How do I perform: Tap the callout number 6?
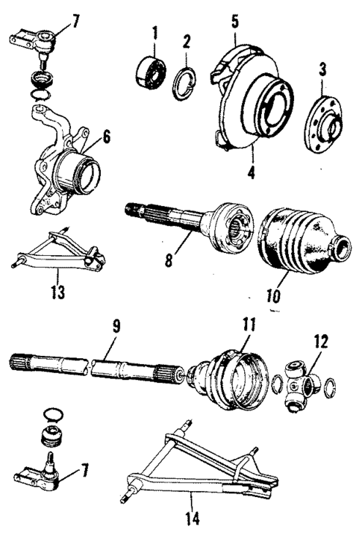106,136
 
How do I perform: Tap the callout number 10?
272,296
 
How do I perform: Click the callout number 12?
320,342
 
